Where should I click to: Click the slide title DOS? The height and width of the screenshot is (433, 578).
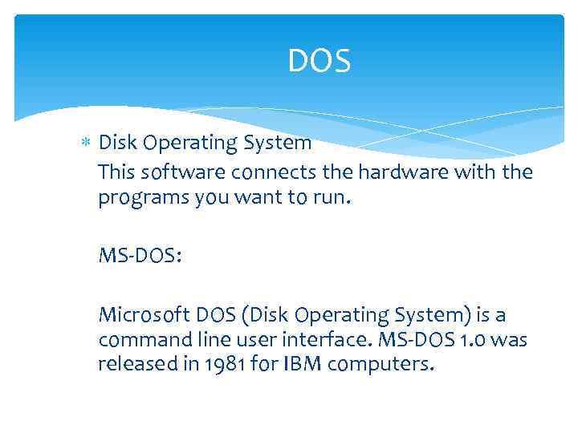point(320,61)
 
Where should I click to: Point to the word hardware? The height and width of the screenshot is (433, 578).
point(400,172)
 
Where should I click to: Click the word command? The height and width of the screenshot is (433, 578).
point(143,340)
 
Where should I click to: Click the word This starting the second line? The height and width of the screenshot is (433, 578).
point(116,172)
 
